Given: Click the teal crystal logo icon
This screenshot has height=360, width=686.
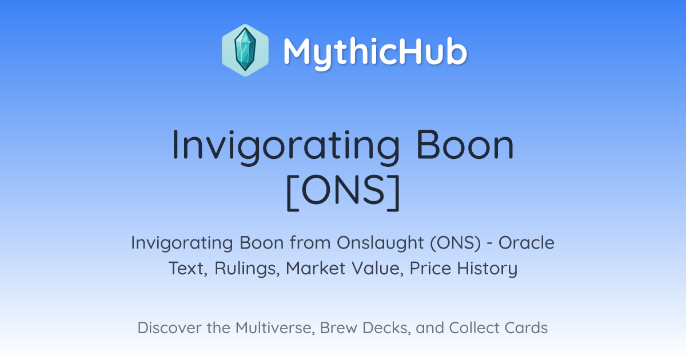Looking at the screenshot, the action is [245, 50].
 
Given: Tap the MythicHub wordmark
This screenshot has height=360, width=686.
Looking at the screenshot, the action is [375, 51].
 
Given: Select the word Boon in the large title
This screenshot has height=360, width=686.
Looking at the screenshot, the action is [465, 144].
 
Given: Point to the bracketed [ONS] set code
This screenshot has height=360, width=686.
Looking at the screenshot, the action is [343, 192].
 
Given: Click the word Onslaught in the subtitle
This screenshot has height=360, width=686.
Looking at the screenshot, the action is [380, 243].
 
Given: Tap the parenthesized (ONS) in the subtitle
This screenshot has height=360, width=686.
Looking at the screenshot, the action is [456, 243].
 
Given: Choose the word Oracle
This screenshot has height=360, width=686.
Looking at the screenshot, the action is [527, 243].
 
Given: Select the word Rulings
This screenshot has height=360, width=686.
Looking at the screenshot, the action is [247, 269].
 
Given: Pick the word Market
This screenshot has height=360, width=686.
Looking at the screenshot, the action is [315, 268].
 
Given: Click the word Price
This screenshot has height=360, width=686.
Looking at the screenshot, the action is [430, 268].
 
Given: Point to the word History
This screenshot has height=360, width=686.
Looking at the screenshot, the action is [487, 269].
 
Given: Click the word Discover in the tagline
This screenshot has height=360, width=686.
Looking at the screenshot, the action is [169, 327].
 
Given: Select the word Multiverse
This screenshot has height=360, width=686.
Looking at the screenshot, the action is [275, 328].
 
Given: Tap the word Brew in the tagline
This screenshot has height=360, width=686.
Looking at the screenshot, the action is [338, 327].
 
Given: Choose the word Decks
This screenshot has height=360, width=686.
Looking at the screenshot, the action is [386, 328].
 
